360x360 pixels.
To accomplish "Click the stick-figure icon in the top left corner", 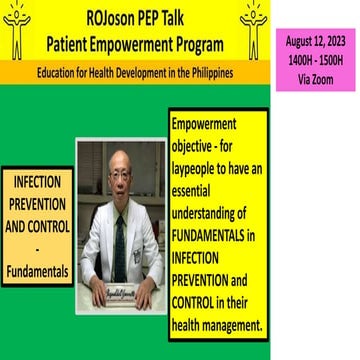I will point(17,27).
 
